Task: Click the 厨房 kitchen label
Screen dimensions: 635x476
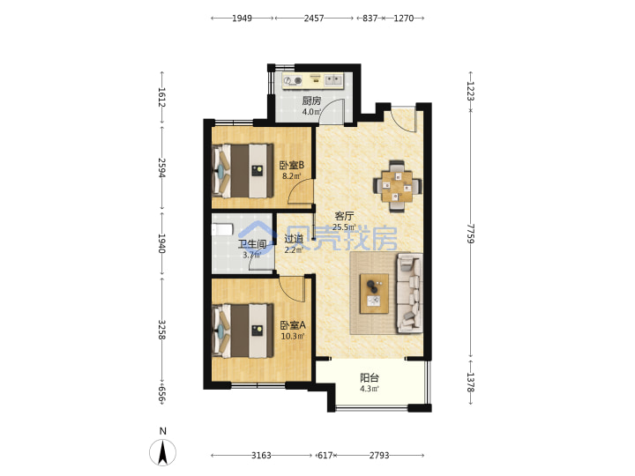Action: click(311, 100)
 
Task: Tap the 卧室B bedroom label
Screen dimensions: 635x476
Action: click(292, 165)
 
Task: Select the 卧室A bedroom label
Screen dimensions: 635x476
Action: click(293, 325)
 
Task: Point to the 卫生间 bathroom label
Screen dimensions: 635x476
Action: click(252, 244)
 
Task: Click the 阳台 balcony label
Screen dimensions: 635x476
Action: click(370, 377)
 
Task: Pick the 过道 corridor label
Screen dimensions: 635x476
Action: click(294, 239)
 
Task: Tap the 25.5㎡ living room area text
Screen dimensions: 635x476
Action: click(344, 227)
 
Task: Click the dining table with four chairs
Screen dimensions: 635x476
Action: click(397, 186)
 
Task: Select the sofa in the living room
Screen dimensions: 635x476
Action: click(409, 293)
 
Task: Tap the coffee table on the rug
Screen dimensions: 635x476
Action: click(374, 294)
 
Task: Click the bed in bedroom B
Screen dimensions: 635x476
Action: click(243, 170)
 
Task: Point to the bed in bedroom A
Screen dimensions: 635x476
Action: click(243, 331)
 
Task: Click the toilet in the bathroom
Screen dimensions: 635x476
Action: click(222, 230)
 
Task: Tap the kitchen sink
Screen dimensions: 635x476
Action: click(333, 79)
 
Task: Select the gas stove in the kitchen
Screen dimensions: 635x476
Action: click(293, 81)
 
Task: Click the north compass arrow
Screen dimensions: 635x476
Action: click(163, 452)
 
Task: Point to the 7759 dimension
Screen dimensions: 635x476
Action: click(470, 234)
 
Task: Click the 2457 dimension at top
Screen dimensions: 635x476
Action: click(314, 19)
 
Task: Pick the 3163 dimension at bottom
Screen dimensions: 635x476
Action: click(261, 456)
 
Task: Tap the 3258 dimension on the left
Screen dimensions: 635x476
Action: click(161, 330)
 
